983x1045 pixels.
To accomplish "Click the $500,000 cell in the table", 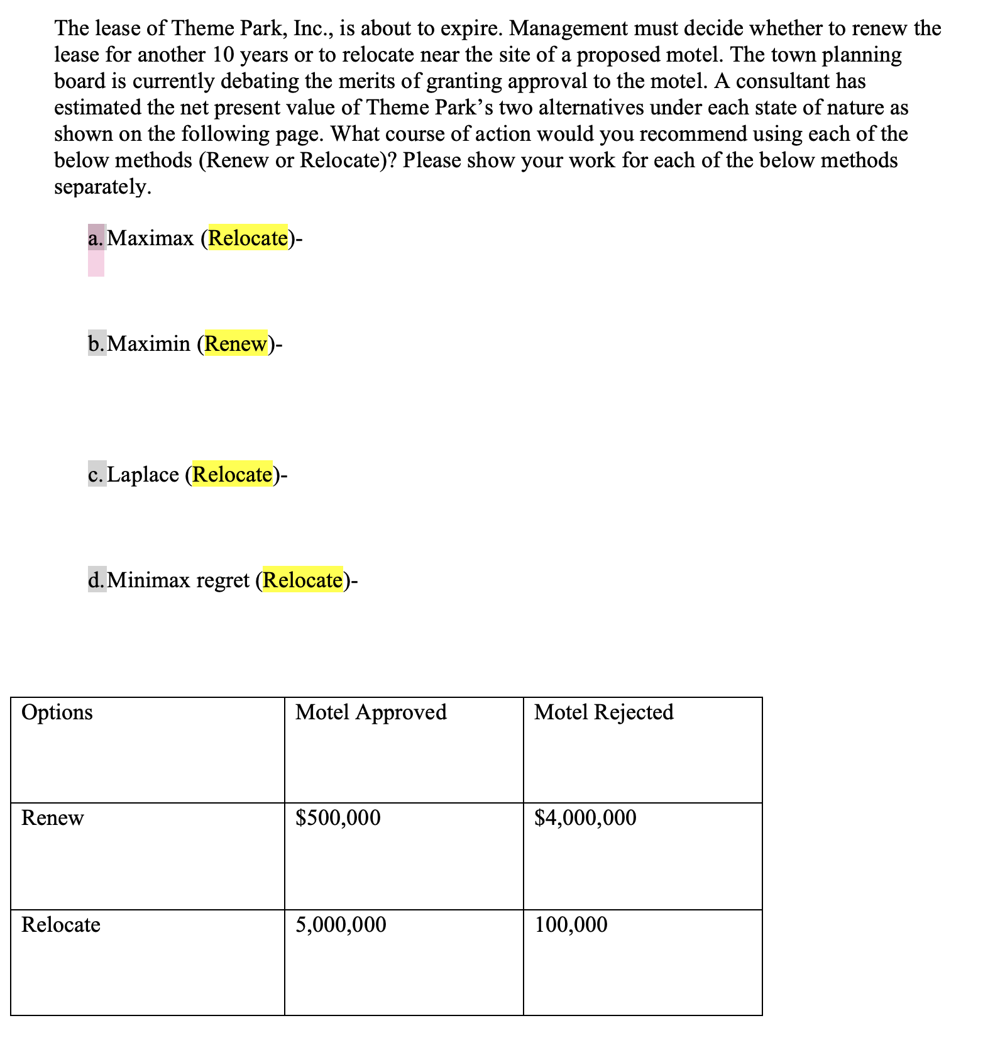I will click(338, 818).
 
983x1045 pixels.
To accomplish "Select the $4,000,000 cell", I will click(585, 818).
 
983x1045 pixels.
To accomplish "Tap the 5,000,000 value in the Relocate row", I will click(341, 925).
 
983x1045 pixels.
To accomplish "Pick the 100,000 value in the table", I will click(571, 925).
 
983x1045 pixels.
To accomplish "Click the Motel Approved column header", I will click(371, 712).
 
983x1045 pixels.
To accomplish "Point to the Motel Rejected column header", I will click(604, 712).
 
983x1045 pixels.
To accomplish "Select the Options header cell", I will click(57, 712).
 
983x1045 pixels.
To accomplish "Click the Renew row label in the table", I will click(52, 818).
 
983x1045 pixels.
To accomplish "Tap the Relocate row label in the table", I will click(61, 925).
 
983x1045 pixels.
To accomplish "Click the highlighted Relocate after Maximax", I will click(248, 238).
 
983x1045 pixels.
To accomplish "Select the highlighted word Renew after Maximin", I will click(236, 344).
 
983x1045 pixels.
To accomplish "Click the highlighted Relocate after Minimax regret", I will click(302, 580).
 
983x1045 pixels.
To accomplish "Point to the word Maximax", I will click(151, 238).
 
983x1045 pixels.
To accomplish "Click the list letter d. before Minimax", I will click(97, 580).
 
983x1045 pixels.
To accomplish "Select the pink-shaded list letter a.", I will click(96, 238).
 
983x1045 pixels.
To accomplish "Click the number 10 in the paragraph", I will click(224, 55).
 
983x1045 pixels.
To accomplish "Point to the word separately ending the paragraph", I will click(101, 187).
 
